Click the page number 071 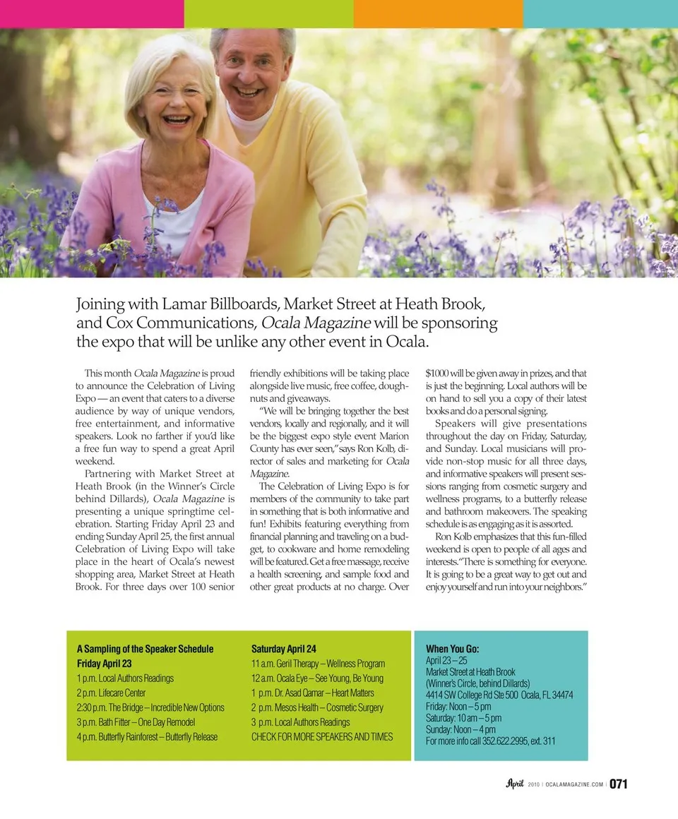(x=619, y=784)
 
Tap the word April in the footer (x=514, y=783)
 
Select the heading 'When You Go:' (x=453, y=648)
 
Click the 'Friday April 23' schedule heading (x=104, y=664)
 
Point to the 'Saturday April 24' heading (x=284, y=648)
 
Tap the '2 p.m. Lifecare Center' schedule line (x=111, y=693)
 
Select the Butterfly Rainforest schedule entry (x=147, y=737)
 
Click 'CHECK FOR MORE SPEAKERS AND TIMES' (x=322, y=737)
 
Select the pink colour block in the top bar (x=92, y=13)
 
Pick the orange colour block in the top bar (x=438, y=13)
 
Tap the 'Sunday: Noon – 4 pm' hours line (x=460, y=729)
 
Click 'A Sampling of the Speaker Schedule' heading (x=145, y=648)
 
